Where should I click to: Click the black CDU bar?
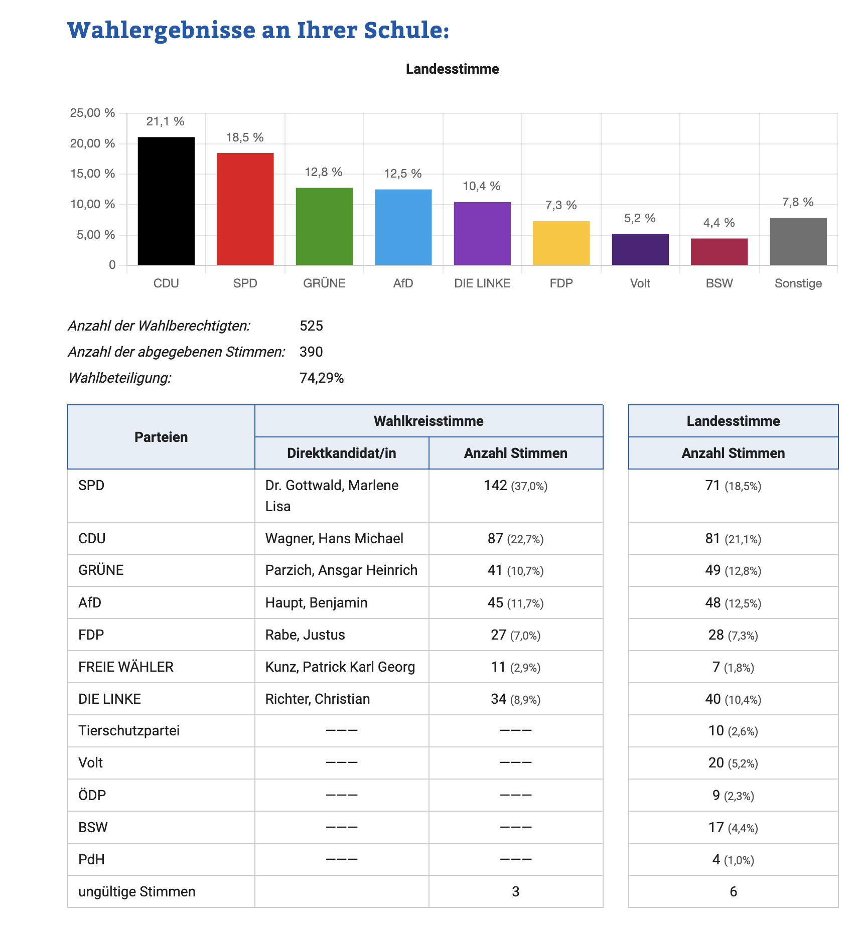pyautogui.click(x=166, y=201)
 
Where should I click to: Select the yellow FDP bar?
pyautogui.click(x=561, y=243)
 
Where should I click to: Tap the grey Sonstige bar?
pyautogui.click(x=798, y=241)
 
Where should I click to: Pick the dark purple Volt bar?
pyautogui.click(x=640, y=249)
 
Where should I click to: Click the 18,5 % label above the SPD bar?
pyautogui.click(x=245, y=137)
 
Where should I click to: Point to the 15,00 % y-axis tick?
pyautogui.click(x=93, y=174)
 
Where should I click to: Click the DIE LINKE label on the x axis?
pyautogui.click(x=482, y=283)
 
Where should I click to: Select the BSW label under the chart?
pyautogui.click(x=719, y=283)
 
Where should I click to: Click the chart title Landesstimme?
pyautogui.click(x=453, y=69)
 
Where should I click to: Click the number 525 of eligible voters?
pyautogui.click(x=311, y=326)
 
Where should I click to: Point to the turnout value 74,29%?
pyautogui.click(x=322, y=378)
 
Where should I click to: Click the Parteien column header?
pyautogui.click(x=161, y=437)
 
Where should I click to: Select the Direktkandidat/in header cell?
pyautogui.click(x=342, y=453)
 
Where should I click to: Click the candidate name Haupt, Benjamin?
pyautogui.click(x=316, y=602)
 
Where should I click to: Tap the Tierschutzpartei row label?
pyautogui.click(x=129, y=731)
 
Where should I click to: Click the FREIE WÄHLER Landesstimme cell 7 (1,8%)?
pyautogui.click(x=733, y=667)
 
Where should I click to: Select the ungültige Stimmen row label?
pyautogui.click(x=137, y=892)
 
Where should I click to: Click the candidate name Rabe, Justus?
pyautogui.click(x=305, y=635)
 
